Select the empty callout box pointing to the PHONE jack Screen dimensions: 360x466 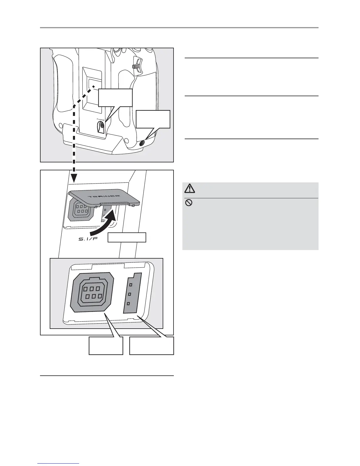(115, 98)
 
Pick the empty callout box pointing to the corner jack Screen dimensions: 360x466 (153, 119)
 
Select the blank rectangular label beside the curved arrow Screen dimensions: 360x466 (127, 237)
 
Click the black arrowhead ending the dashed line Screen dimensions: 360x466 (74, 178)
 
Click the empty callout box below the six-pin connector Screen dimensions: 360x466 (106, 346)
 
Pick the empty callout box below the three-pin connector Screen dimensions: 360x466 (152, 346)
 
